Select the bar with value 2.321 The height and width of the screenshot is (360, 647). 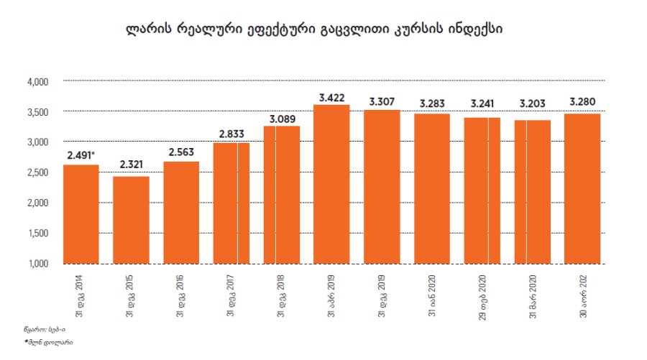click(x=132, y=220)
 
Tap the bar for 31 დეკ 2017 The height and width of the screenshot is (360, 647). click(x=231, y=203)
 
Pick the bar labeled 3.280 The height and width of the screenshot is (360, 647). click(x=582, y=188)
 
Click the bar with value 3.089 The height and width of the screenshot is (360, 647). click(x=282, y=195)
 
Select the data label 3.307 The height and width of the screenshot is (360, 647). click(x=382, y=101)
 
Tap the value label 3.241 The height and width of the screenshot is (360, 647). click(x=482, y=102)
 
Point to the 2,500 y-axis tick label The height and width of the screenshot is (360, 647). click(x=37, y=172)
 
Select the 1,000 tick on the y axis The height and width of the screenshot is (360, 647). click(x=37, y=264)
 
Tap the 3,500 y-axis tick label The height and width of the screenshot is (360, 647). click(x=37, y=112)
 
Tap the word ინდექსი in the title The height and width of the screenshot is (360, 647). click(x=475, y=30)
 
